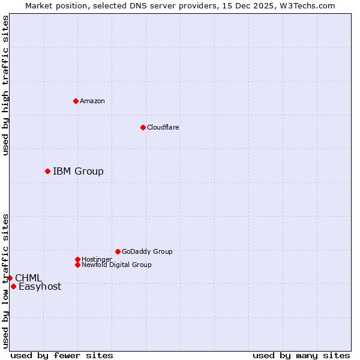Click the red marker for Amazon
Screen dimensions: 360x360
coord(76,101)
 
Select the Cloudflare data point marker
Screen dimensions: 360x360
coord(143,127)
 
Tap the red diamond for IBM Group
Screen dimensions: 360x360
coord(47,172)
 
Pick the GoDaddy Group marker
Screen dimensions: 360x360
coord(118,251)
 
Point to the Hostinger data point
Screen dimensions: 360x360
coord(77,259)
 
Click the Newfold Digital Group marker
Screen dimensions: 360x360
coord(77,265)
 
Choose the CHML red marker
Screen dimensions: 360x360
coord(10,278)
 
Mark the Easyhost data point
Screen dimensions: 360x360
coord(13,286)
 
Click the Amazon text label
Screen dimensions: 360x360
coord(92,101)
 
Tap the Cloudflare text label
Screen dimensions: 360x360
coord(163,127)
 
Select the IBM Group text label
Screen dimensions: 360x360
coord(78,172)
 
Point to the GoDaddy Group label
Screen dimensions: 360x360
coord(147,251)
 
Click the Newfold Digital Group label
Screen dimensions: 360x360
coord(116,265)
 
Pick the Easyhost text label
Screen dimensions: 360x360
coord(40,287)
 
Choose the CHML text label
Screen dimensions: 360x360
coord(28,278)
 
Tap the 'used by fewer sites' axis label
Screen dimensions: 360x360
coord(62,355)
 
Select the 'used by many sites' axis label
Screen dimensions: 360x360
coord(301,355)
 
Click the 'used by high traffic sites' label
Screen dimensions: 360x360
coord(5,85)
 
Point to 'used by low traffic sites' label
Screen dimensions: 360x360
coord(5,280)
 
